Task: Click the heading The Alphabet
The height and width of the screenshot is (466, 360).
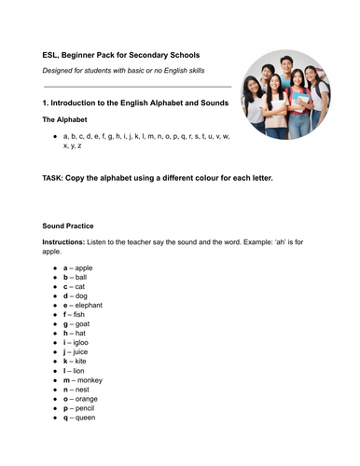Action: [68, 120]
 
